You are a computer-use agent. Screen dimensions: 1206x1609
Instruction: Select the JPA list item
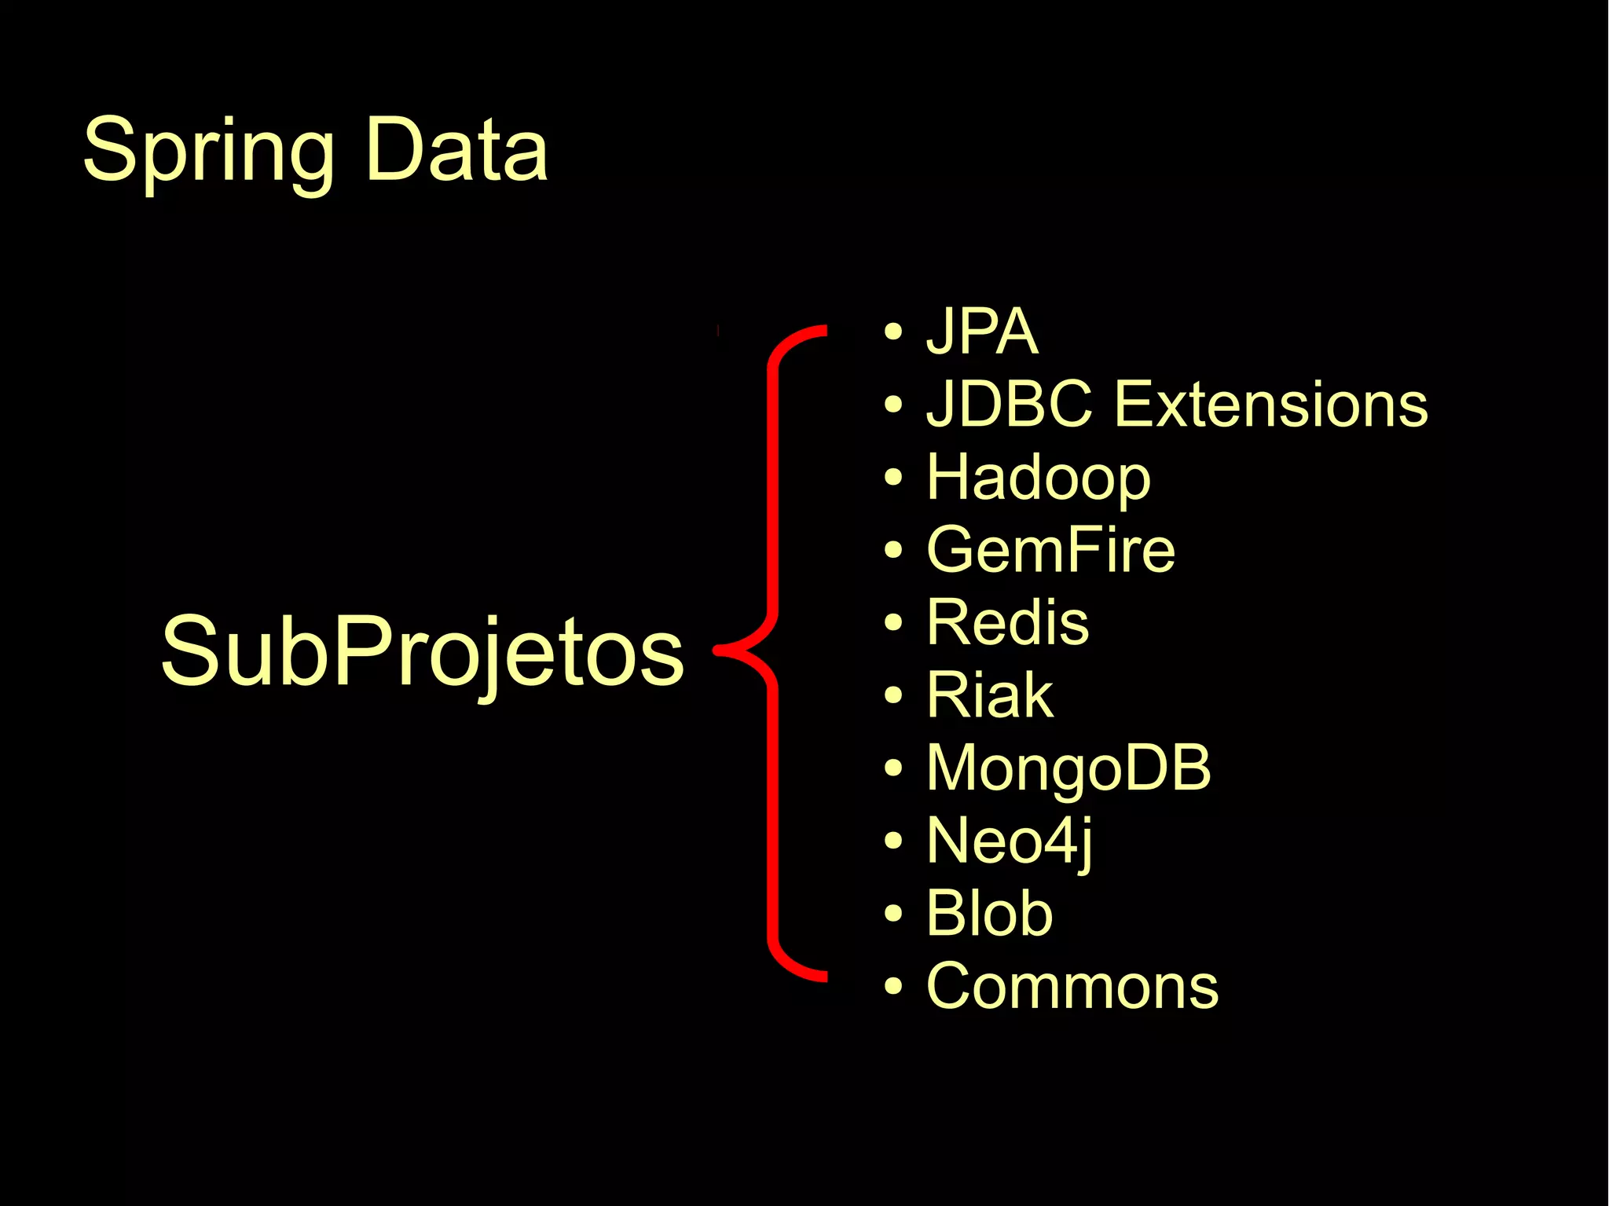982,332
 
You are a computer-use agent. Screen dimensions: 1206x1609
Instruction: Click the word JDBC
1010,404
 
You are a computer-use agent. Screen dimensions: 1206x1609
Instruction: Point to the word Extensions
1270,404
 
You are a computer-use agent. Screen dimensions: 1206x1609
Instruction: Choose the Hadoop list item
1038,477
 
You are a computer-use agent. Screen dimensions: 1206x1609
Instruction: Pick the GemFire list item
1050,549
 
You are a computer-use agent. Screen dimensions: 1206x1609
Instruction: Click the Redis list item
1007,622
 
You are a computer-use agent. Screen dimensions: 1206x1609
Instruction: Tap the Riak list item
989,695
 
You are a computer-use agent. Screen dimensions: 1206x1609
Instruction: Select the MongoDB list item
1068,768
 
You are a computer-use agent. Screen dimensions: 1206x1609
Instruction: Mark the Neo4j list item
1009,841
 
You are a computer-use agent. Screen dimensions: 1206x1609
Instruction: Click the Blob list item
989,913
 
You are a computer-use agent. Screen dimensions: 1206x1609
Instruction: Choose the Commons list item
1072,986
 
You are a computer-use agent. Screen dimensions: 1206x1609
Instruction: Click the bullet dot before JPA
892,332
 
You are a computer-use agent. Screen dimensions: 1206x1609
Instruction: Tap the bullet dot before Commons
892,986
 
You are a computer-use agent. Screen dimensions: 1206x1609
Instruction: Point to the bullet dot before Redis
892,622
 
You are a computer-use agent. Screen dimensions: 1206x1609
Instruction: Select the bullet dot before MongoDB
892,768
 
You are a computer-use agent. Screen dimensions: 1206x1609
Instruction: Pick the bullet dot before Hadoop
892,477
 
